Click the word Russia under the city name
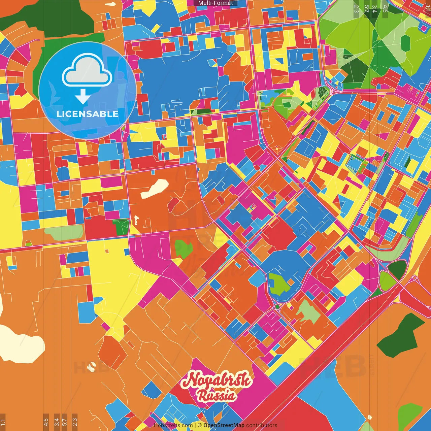click(217, 395)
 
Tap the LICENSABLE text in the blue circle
click(88, 114)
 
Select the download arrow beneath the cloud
click(83, 97)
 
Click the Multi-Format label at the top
click(215, 3)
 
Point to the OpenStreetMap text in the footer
click(224, 425)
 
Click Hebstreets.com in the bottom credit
click(173, 425)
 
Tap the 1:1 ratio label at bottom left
click(3, 422)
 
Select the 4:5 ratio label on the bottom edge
click(46, 422)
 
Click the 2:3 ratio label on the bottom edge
click(75, 422)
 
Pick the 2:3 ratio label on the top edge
click(356, 8)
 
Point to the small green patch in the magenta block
click(183, 248)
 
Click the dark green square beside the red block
click(122, 228)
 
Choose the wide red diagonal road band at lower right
click(323, 364)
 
